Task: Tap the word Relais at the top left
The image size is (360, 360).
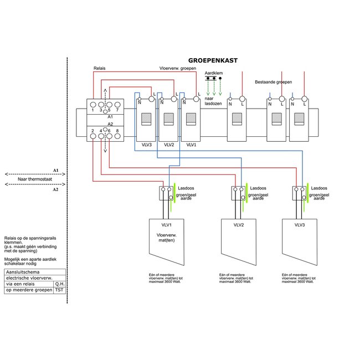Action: pos(99,69)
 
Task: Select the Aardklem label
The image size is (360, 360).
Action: pos(213,73)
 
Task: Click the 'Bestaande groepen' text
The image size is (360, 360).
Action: pos(274,82)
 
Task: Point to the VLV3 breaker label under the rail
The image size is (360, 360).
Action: pos(147,145)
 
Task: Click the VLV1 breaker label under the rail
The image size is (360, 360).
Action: pos(192,145)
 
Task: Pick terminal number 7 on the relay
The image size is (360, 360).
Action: pos(117,110)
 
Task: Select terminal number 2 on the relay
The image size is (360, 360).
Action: pos(92,131)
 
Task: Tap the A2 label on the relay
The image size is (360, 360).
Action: pos(110,124)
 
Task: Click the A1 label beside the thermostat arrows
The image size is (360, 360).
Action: pos(55,169)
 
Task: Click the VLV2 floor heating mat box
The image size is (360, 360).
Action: pos(239,241)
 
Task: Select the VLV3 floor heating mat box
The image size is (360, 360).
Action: pos(300,241)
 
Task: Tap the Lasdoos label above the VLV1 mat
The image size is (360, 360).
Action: pos(186,188)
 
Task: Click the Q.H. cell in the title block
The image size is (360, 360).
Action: pos(59,283)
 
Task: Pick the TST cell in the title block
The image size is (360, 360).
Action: pos(59,290)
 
